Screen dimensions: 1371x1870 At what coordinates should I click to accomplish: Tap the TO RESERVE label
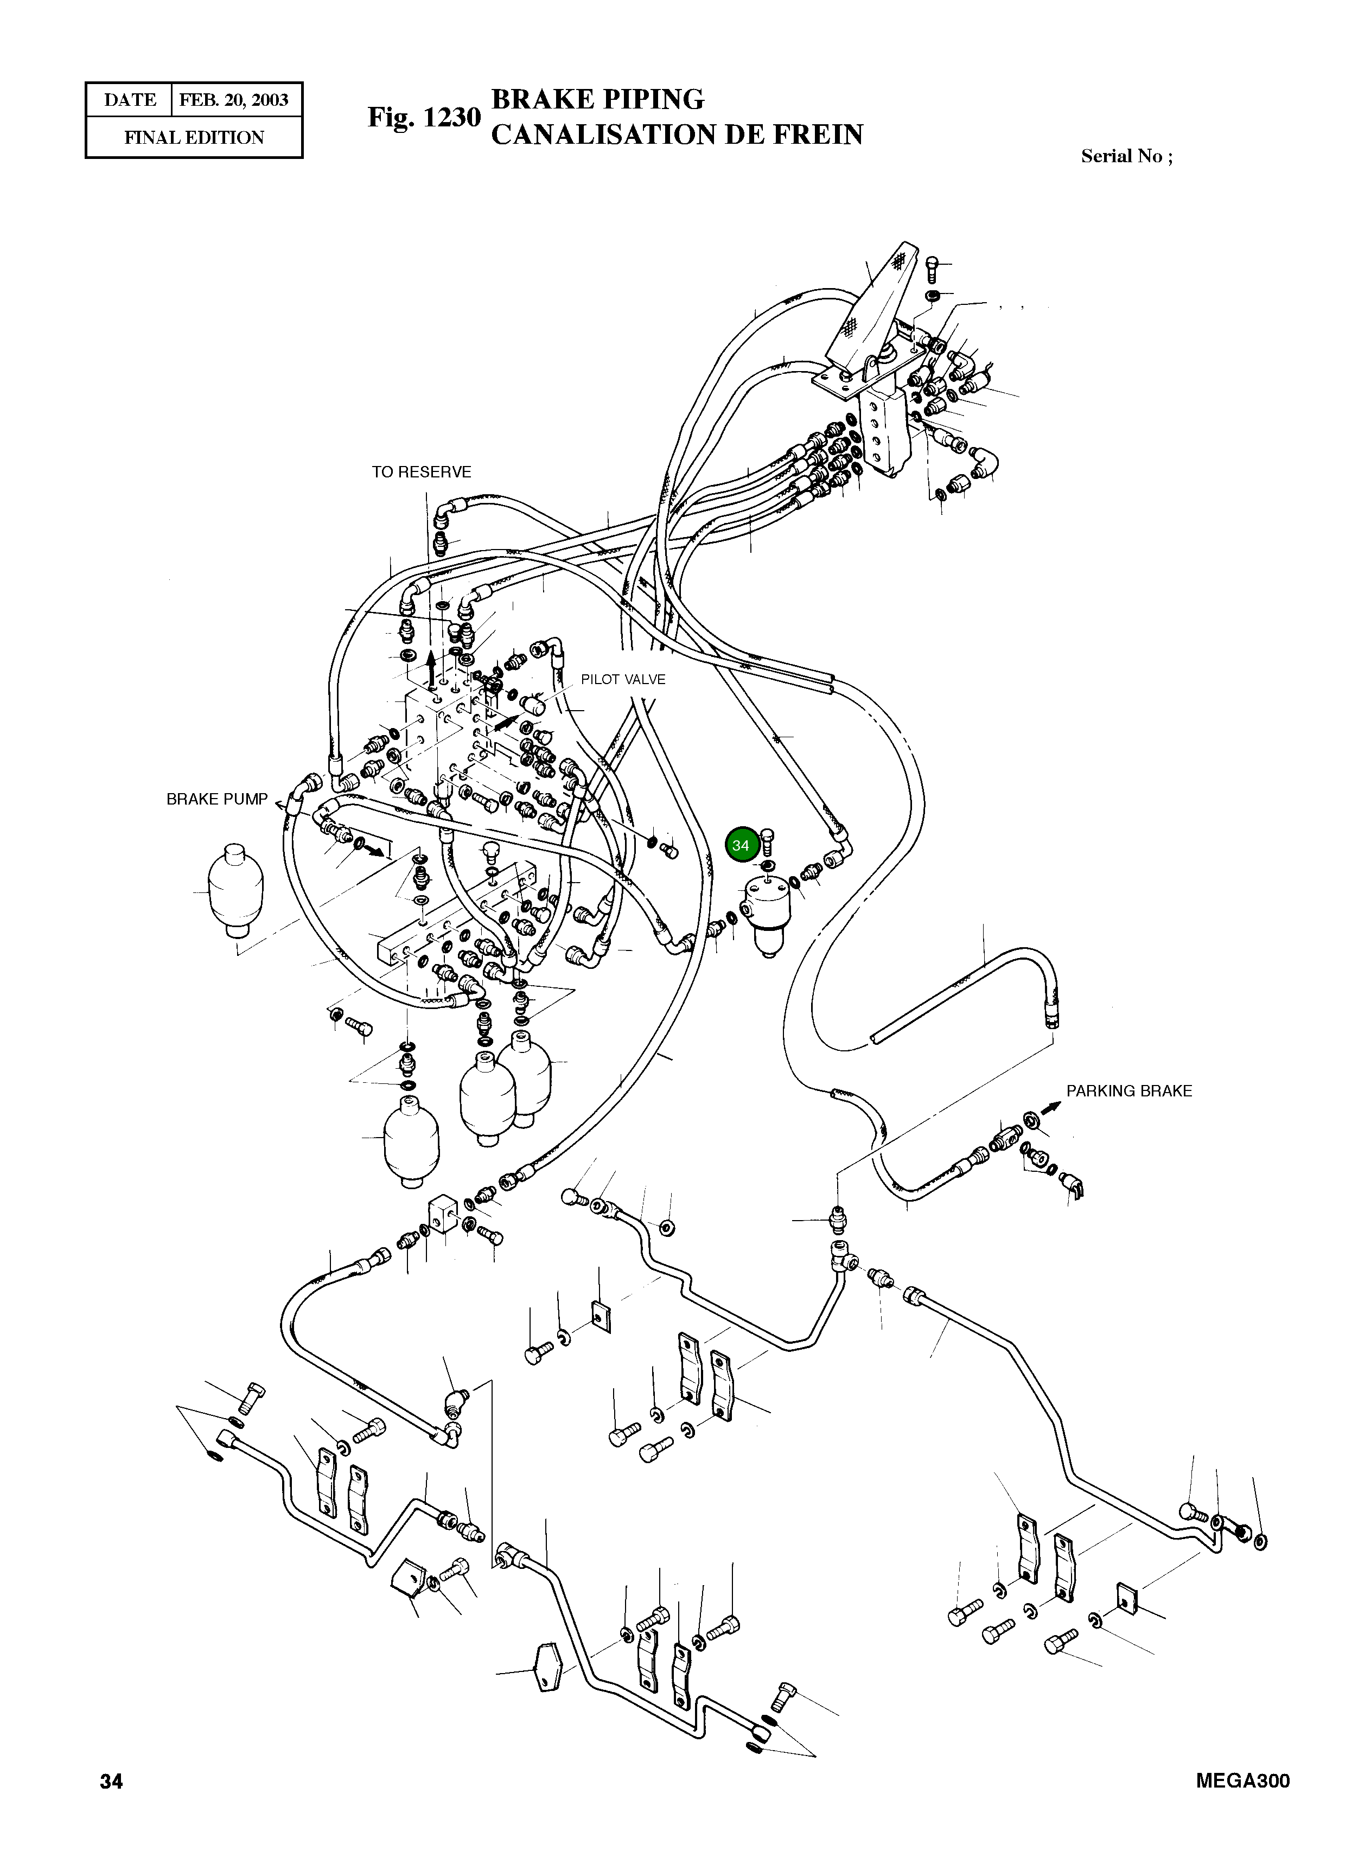(x=421, y=472)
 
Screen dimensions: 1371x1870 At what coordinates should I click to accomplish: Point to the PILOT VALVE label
(x=622, y=679)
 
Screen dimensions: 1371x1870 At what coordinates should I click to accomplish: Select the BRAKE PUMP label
(x=218, y=799)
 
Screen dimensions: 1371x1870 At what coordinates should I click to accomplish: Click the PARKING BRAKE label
(x=1128, y=1091)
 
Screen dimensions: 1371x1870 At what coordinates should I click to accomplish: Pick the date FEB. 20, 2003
(x=234, y=100)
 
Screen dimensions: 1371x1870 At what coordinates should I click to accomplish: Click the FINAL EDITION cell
(x=194, y=138)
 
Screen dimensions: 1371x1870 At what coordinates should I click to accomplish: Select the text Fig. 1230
(x=424, y=117)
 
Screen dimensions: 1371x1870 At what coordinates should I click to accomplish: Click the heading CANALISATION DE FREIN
(x=677, y=135)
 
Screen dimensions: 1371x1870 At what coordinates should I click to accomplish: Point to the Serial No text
(x=1127, y=156)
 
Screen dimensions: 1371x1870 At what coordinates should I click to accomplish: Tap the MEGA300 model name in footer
(x=1243, y=1781)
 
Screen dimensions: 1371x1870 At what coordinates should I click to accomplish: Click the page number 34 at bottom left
(x=111, y=1781)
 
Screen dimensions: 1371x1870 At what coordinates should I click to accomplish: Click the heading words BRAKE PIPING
(x=597, y=100)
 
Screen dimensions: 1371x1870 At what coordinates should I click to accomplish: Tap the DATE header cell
(x=130, y=100)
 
